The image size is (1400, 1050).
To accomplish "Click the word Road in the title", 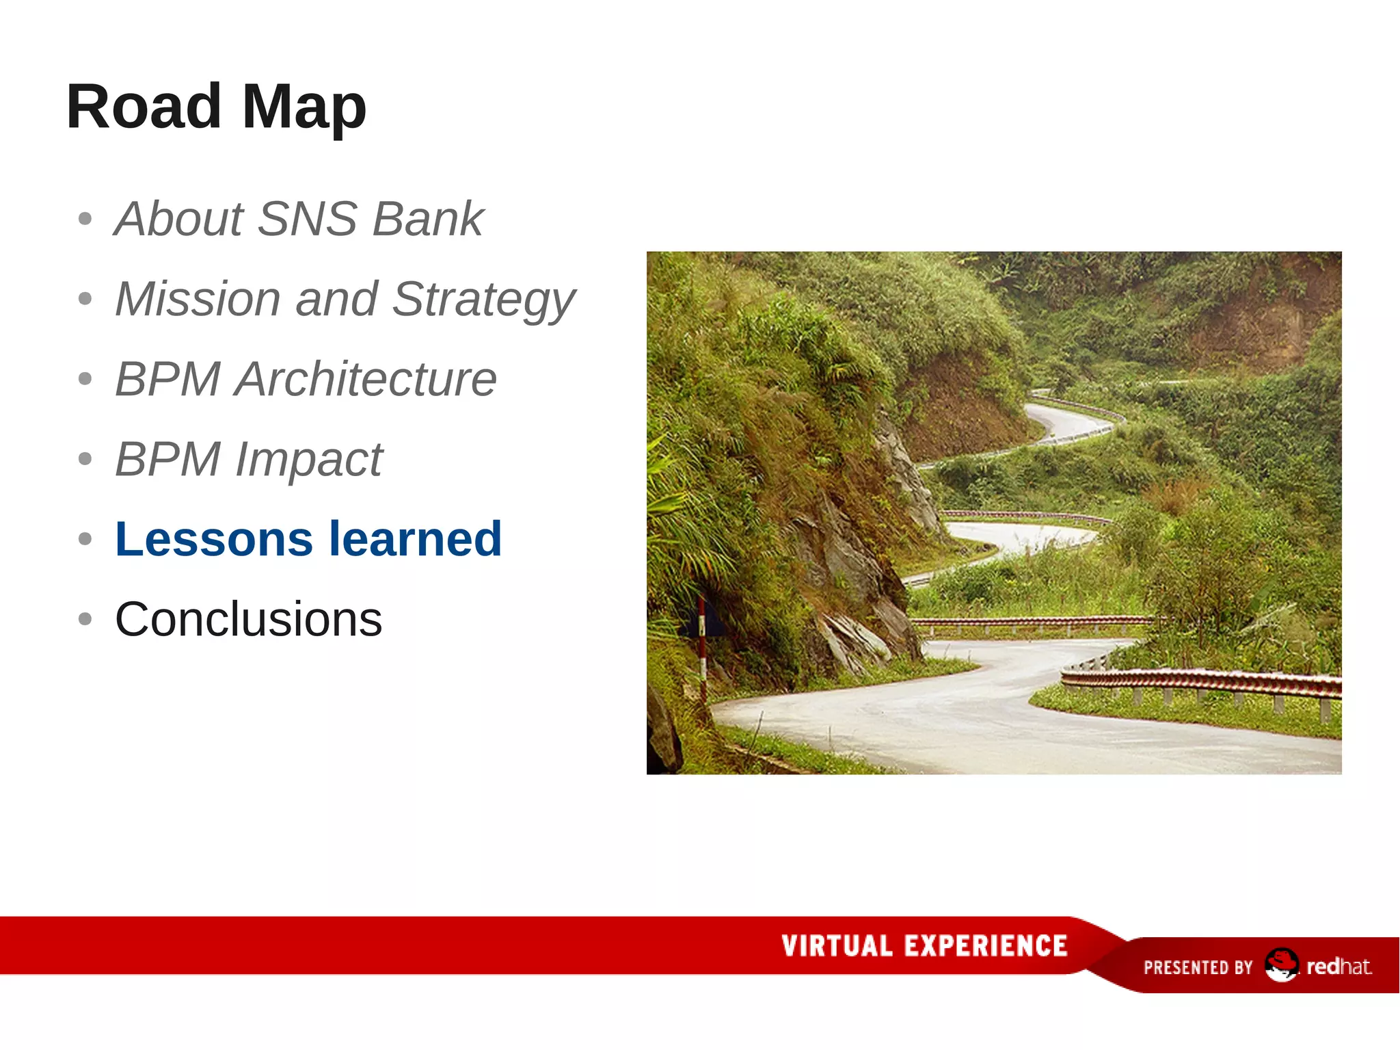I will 144,107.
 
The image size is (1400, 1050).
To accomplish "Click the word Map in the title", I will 304,107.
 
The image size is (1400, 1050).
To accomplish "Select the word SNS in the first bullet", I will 308,219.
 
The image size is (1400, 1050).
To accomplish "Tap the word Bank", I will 428,219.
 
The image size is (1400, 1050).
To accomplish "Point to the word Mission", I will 198,299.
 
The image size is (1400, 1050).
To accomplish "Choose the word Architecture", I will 365,379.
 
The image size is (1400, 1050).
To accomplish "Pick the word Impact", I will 308,460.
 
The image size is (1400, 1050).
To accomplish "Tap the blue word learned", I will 416,539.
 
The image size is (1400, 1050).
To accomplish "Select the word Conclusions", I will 248,620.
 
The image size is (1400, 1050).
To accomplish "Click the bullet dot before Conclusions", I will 85,619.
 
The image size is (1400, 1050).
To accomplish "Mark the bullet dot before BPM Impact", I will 85,458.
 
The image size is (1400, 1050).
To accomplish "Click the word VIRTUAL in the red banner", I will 837,946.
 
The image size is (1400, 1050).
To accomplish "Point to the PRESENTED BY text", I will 1198,967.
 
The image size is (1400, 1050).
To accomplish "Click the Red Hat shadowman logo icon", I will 1280,964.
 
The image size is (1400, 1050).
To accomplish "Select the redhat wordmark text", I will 1338,967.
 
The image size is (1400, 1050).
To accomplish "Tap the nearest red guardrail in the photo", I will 1203,681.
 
